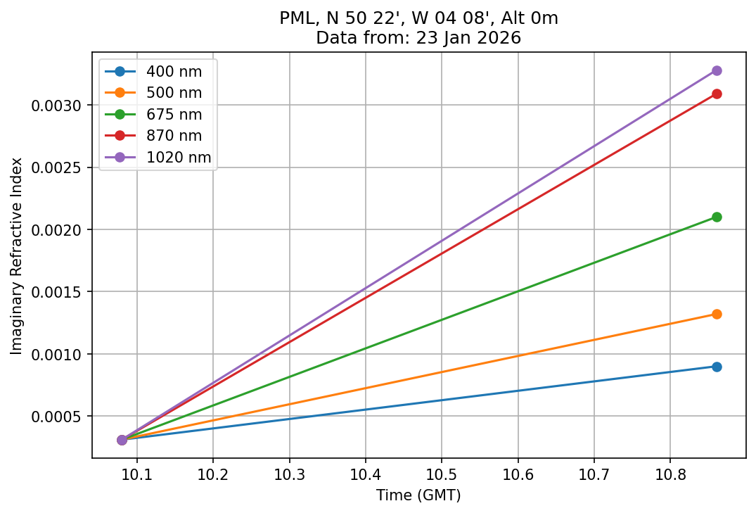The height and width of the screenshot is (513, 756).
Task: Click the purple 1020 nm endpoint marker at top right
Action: point(716,70)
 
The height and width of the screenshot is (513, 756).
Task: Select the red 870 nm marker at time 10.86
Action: point(716,94)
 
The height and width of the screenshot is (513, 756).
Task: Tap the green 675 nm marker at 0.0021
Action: point(716,217)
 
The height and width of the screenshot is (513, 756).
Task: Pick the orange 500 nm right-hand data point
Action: point(716,314)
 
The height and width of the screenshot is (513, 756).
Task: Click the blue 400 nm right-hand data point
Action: point(716,367)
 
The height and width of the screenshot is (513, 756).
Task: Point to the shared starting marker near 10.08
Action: point(122,440)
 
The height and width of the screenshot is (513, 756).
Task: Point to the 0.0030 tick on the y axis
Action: point(62,106)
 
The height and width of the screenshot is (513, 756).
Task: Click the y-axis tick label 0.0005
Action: point(62,417)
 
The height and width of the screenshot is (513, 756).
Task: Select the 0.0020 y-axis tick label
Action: point(62,230)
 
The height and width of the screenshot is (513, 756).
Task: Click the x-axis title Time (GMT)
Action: point(418,495)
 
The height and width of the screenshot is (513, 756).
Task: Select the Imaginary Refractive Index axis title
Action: point(16,255)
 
